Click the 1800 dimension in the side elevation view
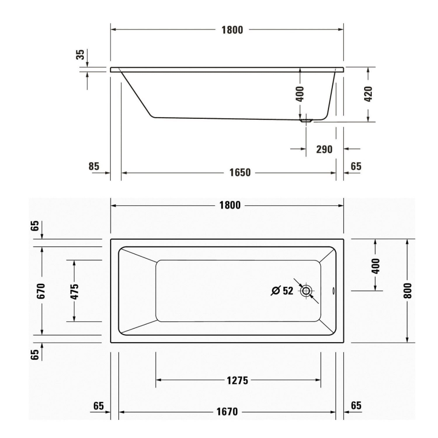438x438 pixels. pos(232,30)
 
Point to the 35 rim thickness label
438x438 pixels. pos(80,54)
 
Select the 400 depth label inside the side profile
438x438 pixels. pos(299,94)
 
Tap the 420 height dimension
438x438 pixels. pos(368,94)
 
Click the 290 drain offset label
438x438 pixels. pos(324,149)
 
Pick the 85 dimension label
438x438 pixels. pos(94,166)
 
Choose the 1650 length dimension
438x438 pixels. pos(240,172)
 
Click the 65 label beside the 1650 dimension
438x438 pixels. pos(356,166)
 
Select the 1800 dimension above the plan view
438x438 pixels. pos(230,205)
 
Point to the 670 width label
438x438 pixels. pos(41,291)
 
